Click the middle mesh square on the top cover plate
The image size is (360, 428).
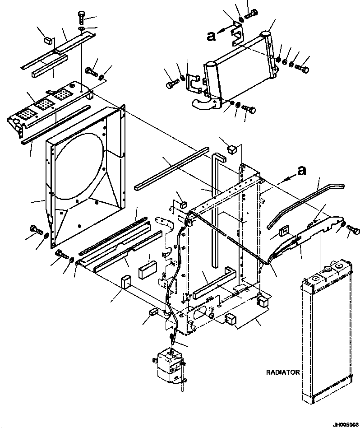click(43, 106)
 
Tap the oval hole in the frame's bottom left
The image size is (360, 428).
click(202, 313)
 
